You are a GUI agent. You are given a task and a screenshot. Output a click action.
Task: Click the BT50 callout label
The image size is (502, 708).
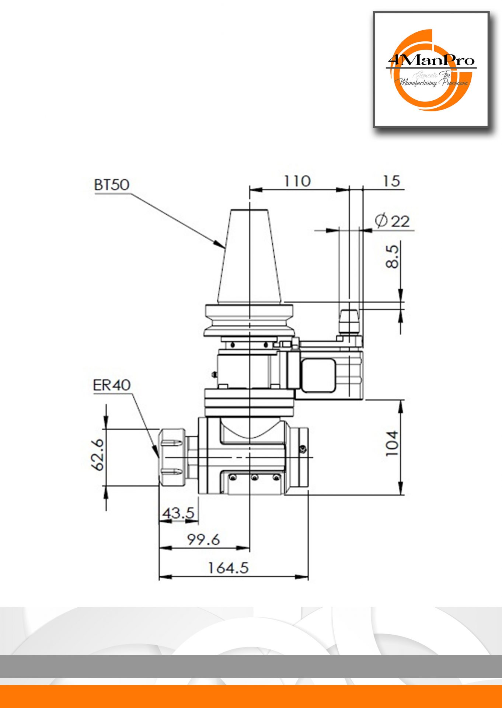pyautogui.click(x=112, y=185)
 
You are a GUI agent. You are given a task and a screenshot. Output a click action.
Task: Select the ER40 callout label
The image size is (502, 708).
pyautogui.click(x=112, y=385)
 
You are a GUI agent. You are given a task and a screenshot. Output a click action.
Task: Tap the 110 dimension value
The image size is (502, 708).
pyautogui.click(x=297, y=181)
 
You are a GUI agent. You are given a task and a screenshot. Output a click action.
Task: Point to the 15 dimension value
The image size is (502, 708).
pyautogui.click(x=391, y=181)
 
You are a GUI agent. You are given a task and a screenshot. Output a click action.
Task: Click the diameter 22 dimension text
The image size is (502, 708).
pyautogui.click(x=392, y=221)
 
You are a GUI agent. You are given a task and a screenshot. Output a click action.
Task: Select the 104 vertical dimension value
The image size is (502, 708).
pyautogui.click(x=392, y=443)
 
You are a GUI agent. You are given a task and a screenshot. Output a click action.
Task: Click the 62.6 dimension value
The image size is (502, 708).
pyautogui.click(x=98, y=454)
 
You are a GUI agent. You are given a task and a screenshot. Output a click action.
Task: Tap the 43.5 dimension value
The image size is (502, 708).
pyautogui.click(x=178, y=513)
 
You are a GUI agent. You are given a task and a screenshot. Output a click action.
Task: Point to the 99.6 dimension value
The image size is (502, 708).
pyautogui.click(x=203, y=540)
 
